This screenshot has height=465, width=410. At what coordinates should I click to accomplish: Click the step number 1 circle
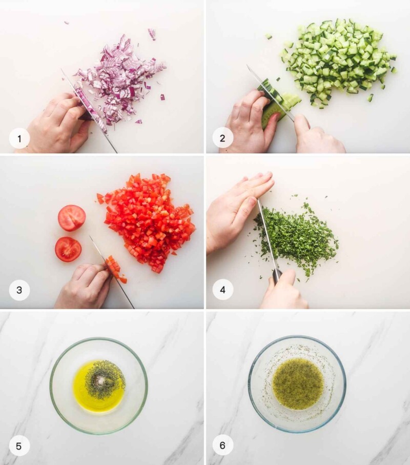(19, 138)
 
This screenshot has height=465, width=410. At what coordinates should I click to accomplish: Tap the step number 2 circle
(222, 138)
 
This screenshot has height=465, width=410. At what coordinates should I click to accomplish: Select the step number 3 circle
(19, 290)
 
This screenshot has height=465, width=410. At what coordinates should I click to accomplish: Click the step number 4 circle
(222, 290)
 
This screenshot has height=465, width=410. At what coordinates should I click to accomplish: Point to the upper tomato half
(72, 218)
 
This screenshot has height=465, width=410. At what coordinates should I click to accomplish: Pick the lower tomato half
(68, 249)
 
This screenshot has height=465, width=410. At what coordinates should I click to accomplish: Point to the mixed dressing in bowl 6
(298, 383)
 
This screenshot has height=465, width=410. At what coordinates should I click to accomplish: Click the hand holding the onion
(56, 123)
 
